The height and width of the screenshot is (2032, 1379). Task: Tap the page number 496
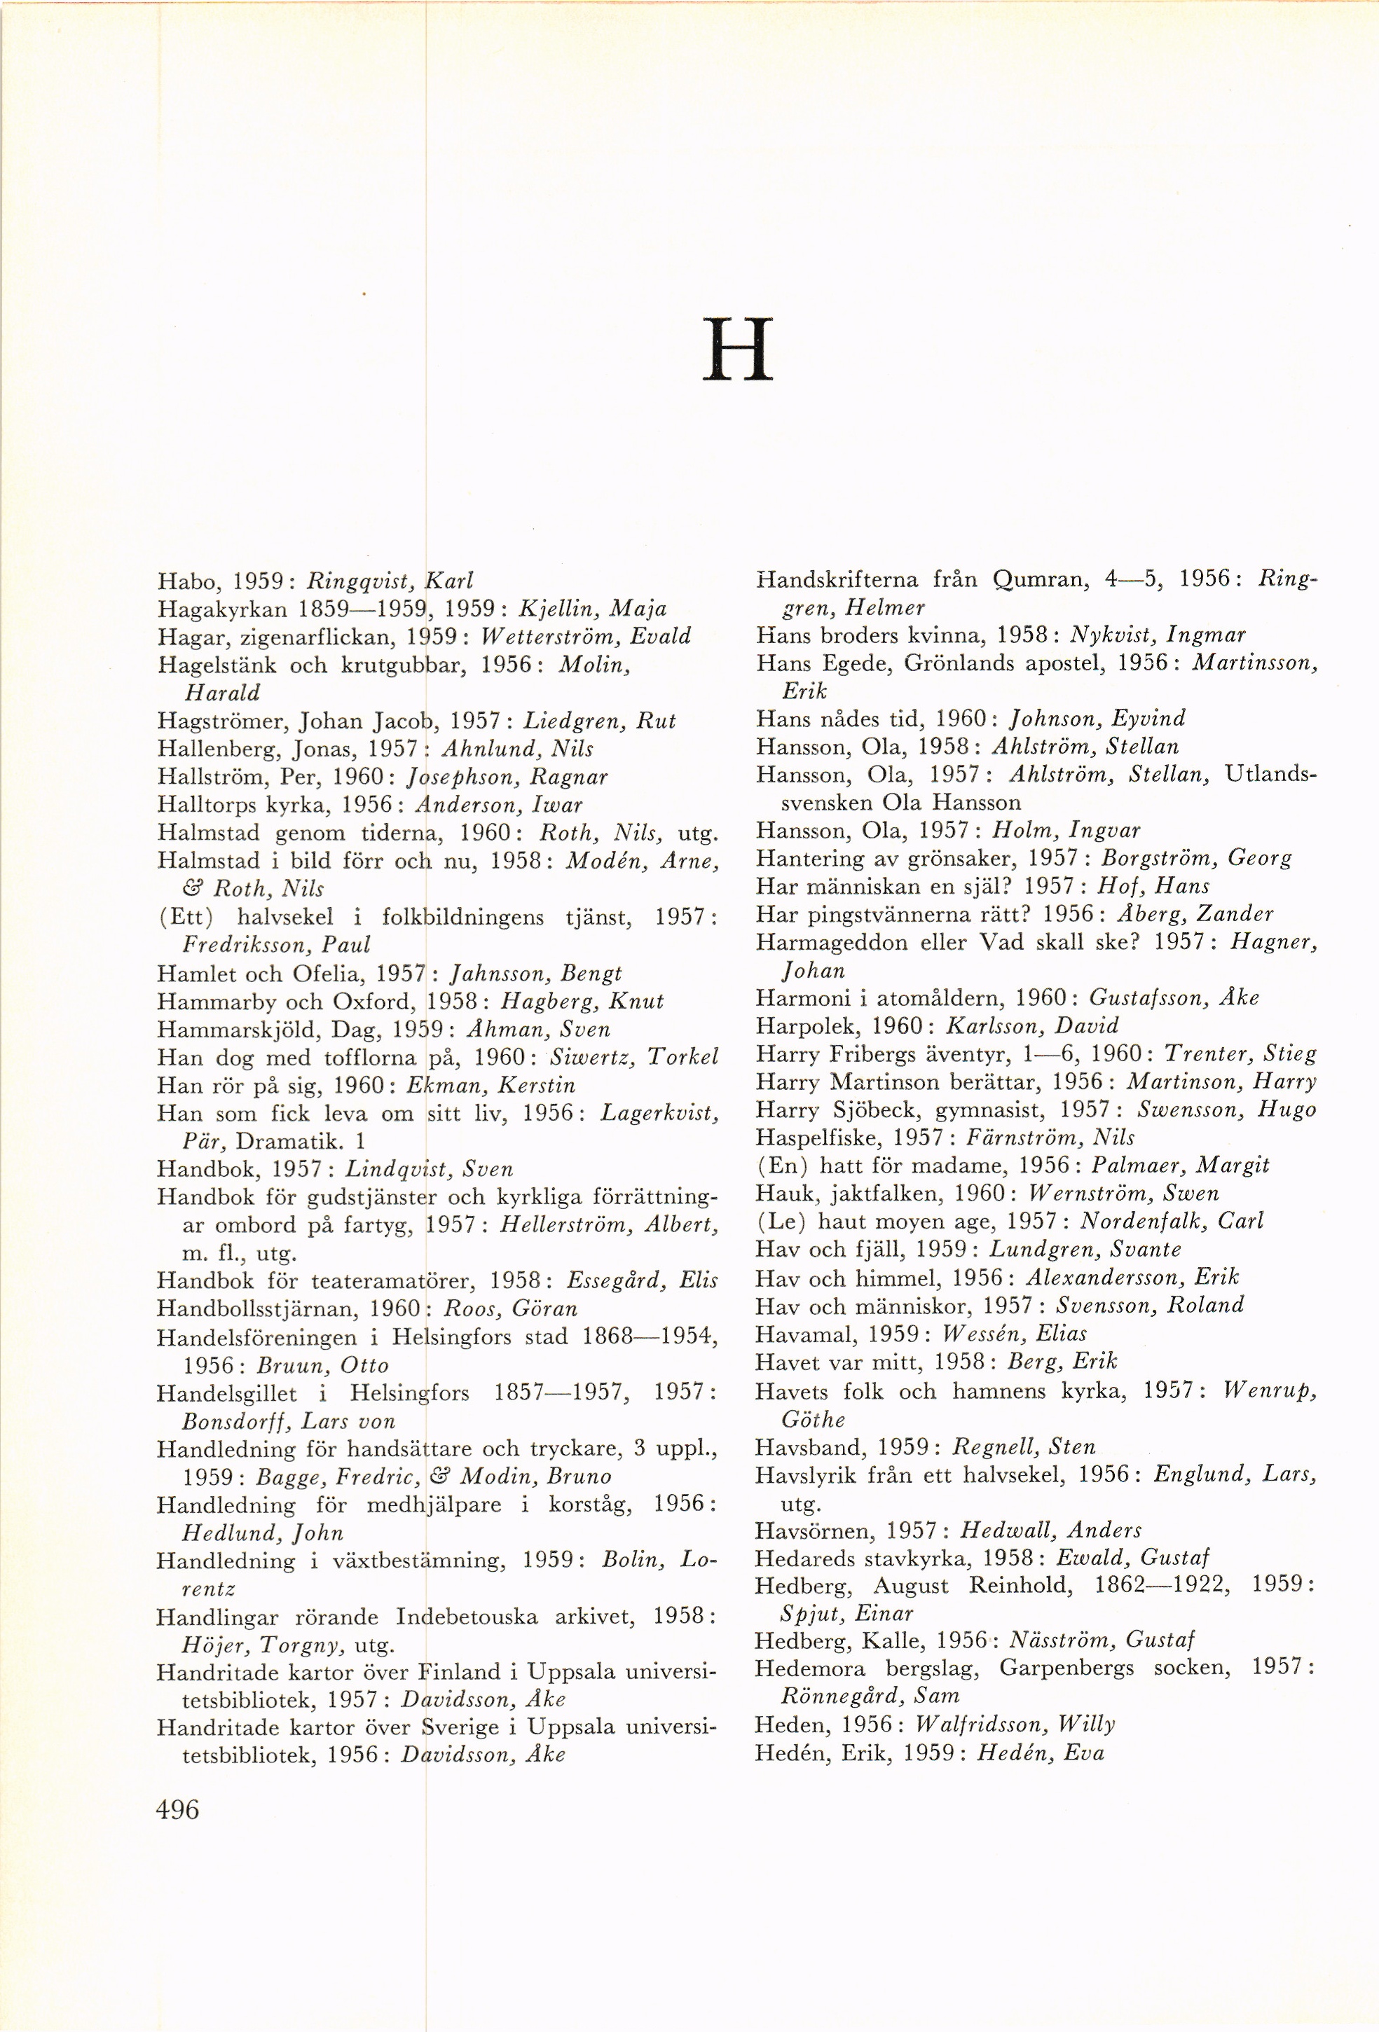(177, 1809)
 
